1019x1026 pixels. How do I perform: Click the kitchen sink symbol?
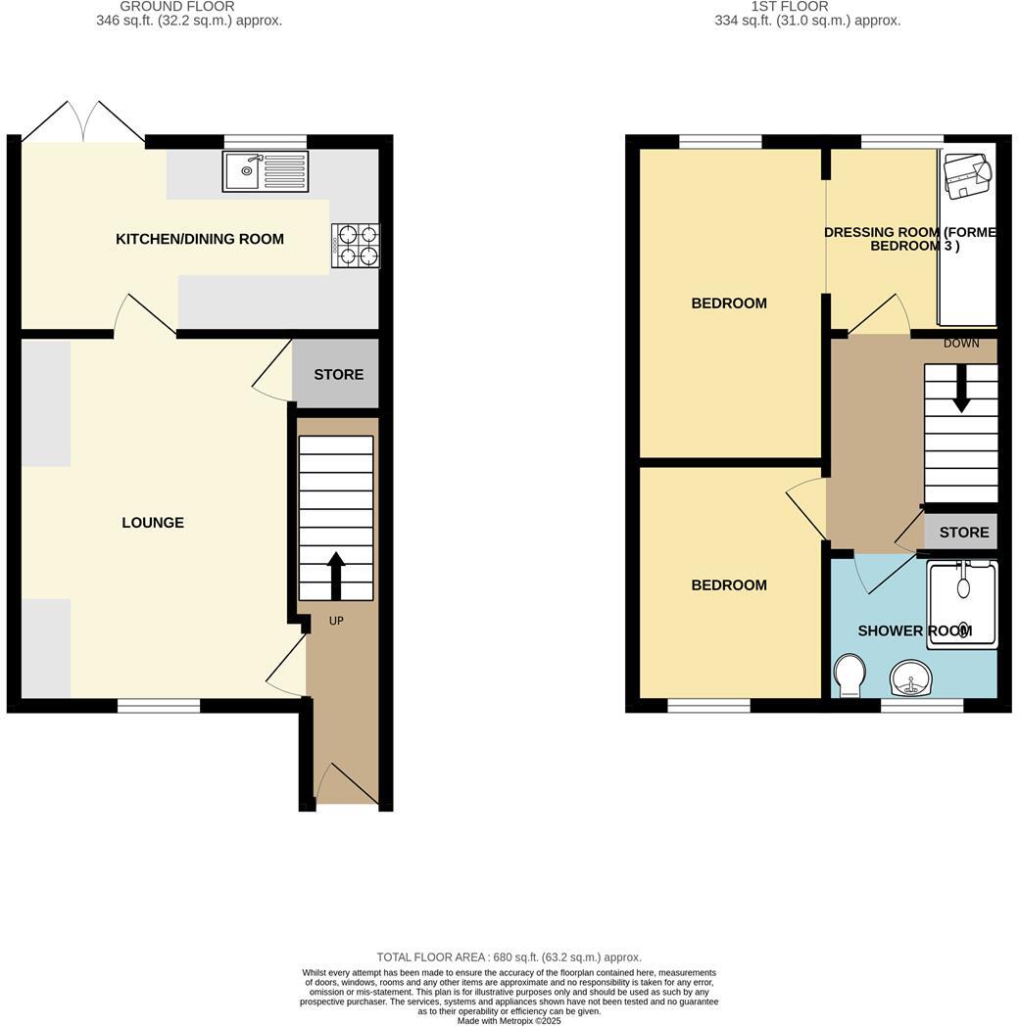click(x=265, y=171)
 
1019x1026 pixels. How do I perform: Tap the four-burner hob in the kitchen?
click(x=357, y=245)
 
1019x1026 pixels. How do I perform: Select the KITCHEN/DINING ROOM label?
click(x=200, y=239)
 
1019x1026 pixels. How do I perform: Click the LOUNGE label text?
click(x=153, y=523)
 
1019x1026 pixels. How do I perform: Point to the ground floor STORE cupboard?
click(x=338, y=374)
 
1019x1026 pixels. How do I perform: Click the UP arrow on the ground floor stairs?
click(x=336, y=576)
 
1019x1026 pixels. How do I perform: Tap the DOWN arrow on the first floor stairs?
click(x=961, y=388)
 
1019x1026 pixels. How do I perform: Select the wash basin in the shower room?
click(x=912, y=678)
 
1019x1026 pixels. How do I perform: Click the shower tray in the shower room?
click(x=962, y=603)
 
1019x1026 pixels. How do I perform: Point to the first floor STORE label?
click(x=964, y=533)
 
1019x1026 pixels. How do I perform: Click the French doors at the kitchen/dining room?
click(x=83, y=122)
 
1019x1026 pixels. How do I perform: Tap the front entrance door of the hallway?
click(x=346, y=786)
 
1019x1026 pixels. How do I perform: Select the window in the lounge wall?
click(x=159, y=705)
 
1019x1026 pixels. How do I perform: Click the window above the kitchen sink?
click(x=265, y=141)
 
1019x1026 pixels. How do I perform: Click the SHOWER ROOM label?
click(x=914, y=631)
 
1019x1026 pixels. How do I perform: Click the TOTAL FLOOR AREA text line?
click(x=509, y=956)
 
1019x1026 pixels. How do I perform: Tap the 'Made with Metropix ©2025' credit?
click(x=509, y=1020)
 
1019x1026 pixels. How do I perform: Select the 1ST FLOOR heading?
click(x=789, y=7)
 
